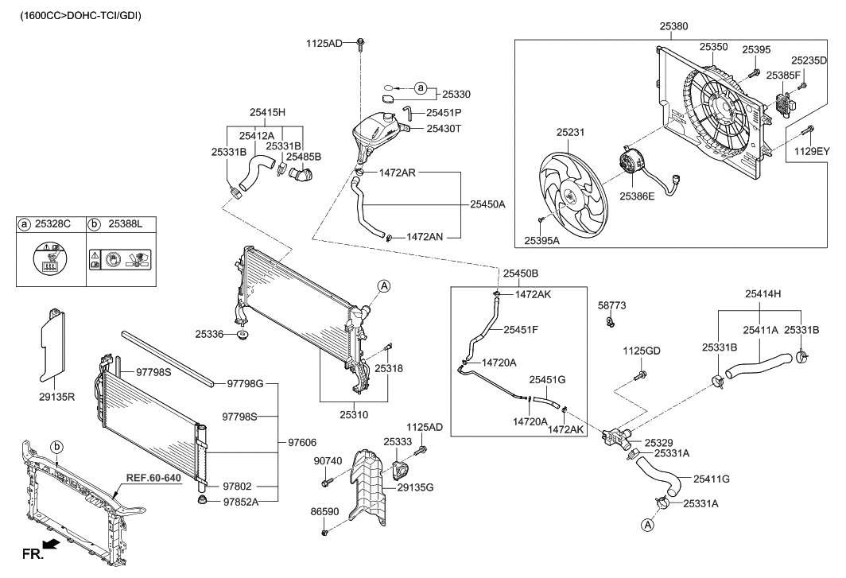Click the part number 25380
(x=674, y=26)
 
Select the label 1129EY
(x=811, y=150)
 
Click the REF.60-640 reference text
(x=154, y=479)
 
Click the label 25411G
(x=712, y=479)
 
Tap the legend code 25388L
(x=125, y=225)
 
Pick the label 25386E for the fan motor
(x=638, y=195)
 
